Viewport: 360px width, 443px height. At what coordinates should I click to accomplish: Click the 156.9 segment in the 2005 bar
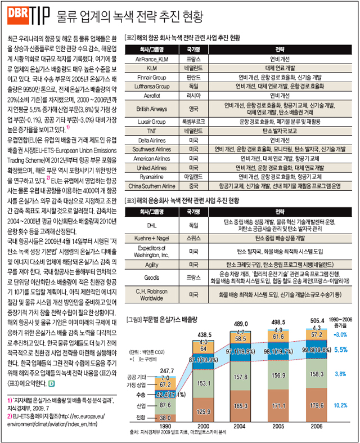tap(277, 375)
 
